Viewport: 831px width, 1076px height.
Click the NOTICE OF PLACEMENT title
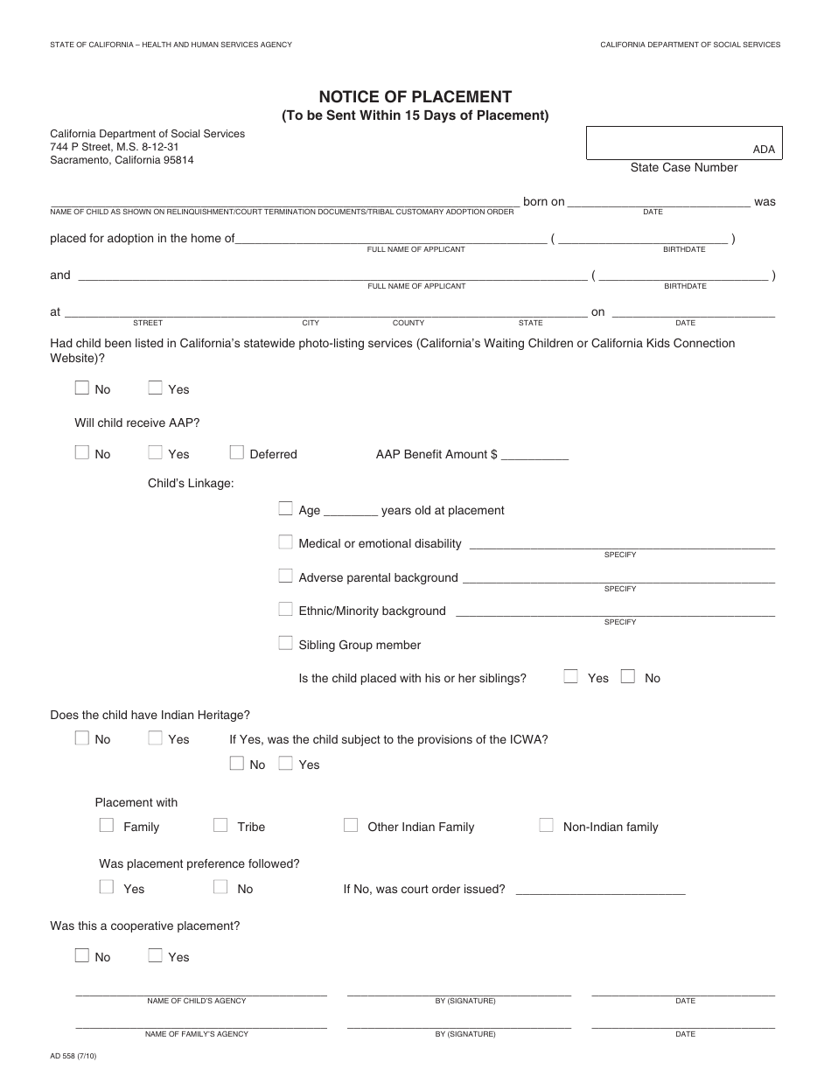tap(415, 97)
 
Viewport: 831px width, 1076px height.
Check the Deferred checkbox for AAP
tap(236, 453)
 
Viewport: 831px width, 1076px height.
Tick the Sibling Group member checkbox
tap(285, 644)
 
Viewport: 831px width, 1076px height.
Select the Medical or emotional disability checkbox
tap(285, 542)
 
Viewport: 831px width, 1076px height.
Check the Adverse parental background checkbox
tap(285, 576)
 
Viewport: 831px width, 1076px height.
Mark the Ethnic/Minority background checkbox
tap(285, 610)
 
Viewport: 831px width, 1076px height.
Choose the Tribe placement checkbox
tap(220, 825)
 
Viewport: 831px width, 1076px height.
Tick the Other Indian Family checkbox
tap(351, 825)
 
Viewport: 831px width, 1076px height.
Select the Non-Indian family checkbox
tap(546, 825)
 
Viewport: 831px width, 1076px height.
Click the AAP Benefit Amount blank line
tap(534, 456)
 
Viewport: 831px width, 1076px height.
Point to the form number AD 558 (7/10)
tap(74, 1056)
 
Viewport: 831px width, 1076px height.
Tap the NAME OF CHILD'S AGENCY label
tap(197, 1001)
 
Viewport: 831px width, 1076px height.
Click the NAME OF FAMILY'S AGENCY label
tap(197, 1034)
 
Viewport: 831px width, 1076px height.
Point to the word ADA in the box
tap(764, 150)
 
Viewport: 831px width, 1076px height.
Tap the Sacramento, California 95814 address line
tap(122, 160)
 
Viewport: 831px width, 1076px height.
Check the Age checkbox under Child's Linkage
tap(285, 509)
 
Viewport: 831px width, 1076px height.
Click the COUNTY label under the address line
tap(409, 323)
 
